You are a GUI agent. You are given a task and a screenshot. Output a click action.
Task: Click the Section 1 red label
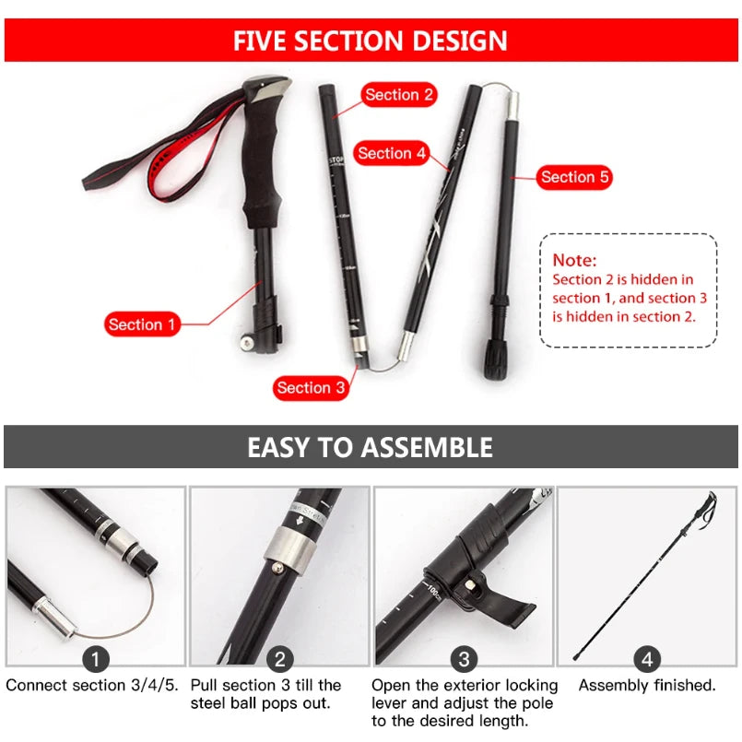(x=141, y=324)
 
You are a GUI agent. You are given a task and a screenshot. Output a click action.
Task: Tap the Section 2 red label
(x=399, y=94)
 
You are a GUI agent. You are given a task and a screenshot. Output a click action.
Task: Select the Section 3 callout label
(x=310, y=387)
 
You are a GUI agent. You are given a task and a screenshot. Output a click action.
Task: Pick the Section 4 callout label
(x=392, y=153)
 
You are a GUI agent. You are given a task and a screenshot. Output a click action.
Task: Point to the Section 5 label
(x=575, y=177)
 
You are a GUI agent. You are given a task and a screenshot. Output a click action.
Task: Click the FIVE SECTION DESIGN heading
(x=371, y=41)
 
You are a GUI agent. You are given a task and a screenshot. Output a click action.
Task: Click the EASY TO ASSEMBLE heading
(x=371, y=448)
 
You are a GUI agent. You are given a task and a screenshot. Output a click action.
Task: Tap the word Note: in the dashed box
(x=575, y=261)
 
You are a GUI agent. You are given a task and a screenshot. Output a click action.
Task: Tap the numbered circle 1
(x=96, y=658)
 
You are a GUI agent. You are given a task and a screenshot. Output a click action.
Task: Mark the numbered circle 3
(x=464, y=658)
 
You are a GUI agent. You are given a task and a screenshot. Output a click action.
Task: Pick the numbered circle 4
(x=647, y=658)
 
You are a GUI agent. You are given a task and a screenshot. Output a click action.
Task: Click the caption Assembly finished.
(x=647, y=685)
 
